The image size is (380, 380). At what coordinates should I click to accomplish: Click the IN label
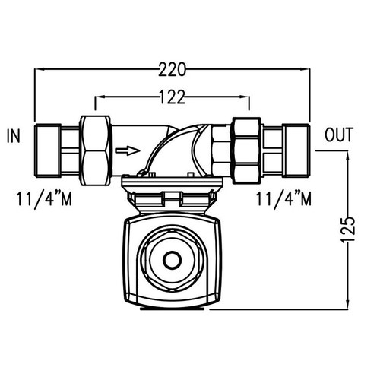coord(14,137)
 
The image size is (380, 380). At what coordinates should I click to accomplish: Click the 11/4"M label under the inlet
coord(44,200)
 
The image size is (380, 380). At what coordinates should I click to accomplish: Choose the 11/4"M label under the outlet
coord(283,200)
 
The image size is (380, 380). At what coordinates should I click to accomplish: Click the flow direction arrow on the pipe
coord(127,150)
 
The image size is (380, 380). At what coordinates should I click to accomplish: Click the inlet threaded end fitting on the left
coord(49,149)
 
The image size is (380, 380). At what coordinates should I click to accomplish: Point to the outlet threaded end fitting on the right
coord(293,149)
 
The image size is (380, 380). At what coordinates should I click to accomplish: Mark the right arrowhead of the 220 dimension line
coord(308,70)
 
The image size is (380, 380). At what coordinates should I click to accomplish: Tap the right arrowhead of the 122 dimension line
coord(247,97)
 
